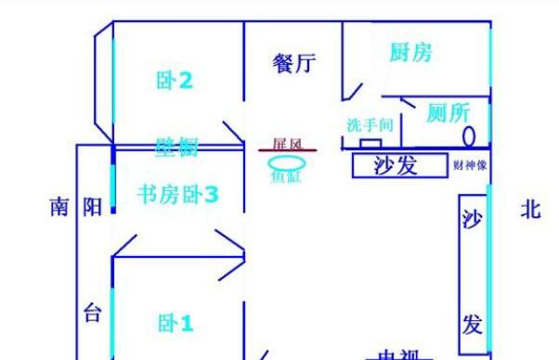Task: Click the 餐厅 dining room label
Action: point(294,63)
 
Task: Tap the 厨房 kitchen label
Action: point(409,53)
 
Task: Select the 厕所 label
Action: point(448,113)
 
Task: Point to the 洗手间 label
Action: point(370,124)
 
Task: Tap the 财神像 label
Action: point(470,166)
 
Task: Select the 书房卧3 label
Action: point(177,195)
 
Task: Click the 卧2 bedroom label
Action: point(175,81)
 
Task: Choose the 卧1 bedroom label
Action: point(175,324)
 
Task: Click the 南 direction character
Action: point(59,207)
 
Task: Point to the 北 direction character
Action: point(530,210)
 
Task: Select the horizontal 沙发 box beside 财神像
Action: point(396,166)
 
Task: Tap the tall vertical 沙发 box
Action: point(473,274)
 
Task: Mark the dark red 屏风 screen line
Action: point(287,150)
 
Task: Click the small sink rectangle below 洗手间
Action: point(370,144)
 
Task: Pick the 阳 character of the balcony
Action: point(93,207)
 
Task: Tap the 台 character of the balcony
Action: point(92,313)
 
